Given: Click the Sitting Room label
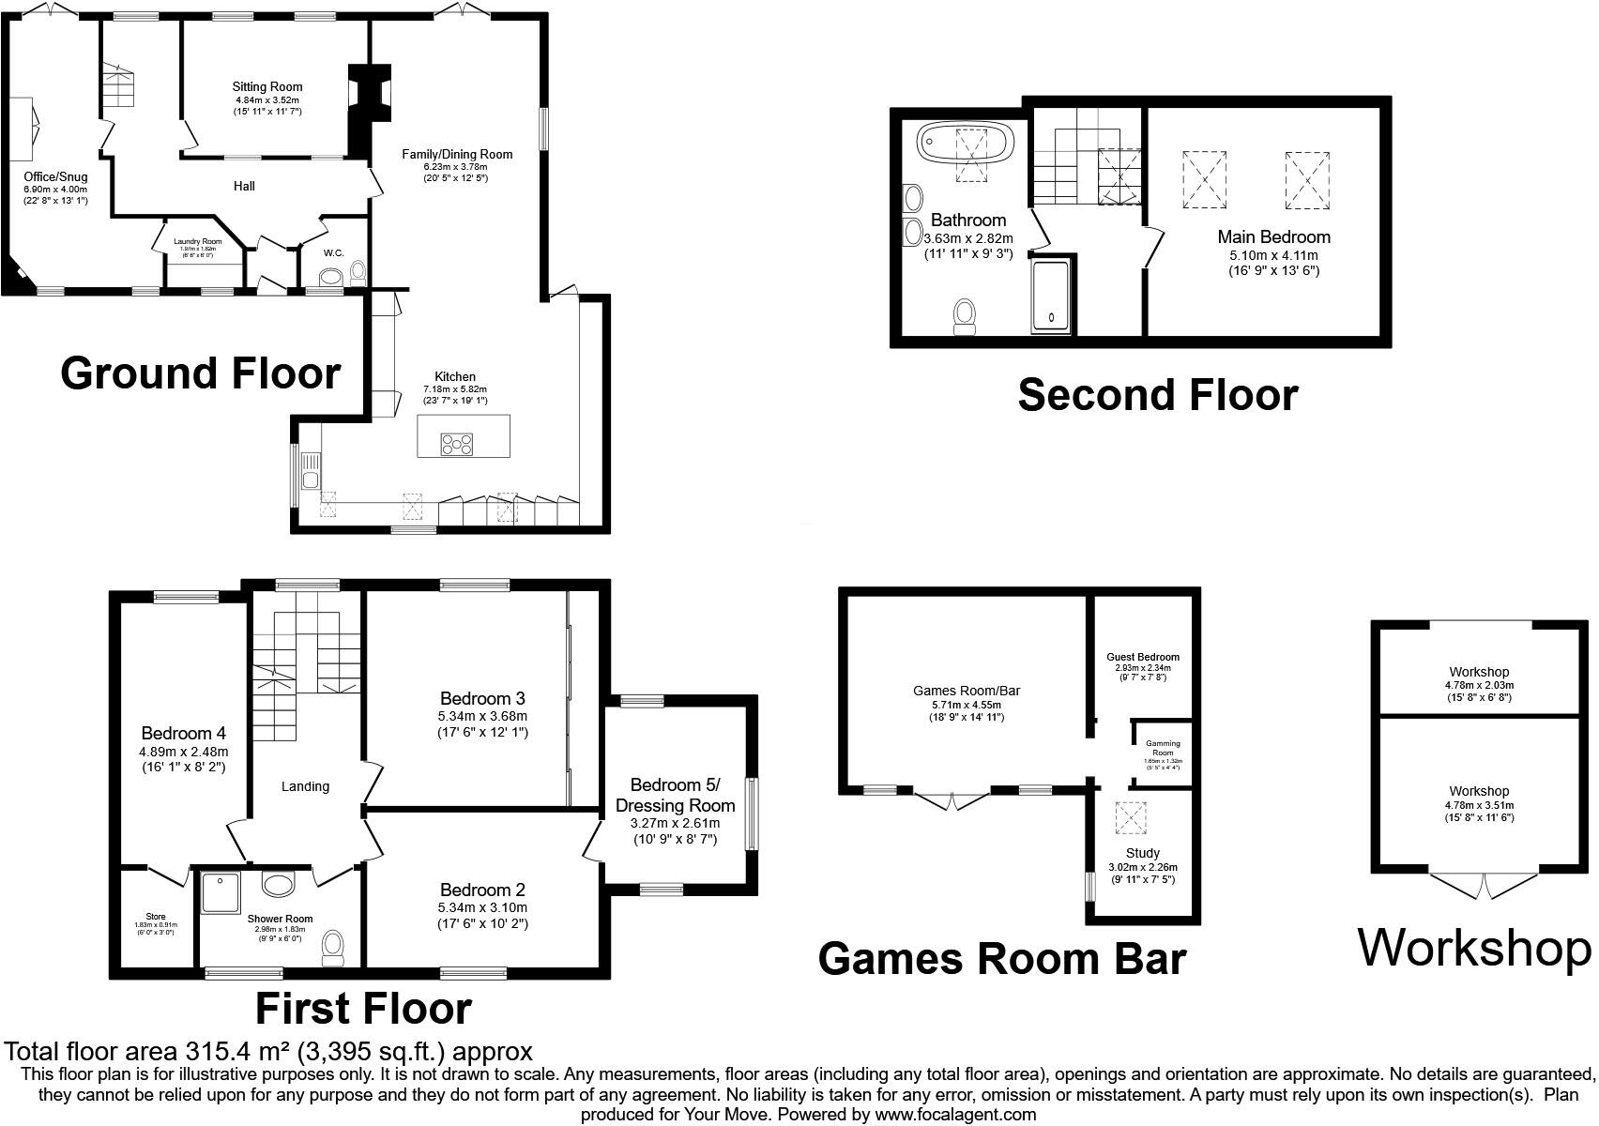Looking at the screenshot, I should point(267,87).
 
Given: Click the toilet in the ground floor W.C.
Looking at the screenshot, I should point(358,273).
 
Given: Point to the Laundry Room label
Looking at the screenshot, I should point(198,241).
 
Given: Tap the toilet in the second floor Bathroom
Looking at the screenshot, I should point(965,316).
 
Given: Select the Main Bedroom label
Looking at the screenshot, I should point(1273,236).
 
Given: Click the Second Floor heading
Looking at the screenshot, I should point(1157,395).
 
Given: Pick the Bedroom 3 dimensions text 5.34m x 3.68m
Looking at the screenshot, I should point(482,716).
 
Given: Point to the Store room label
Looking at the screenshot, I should point(156,917).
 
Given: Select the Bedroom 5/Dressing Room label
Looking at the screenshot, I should point(675,795).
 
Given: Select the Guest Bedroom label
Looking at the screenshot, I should point(1142,657).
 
